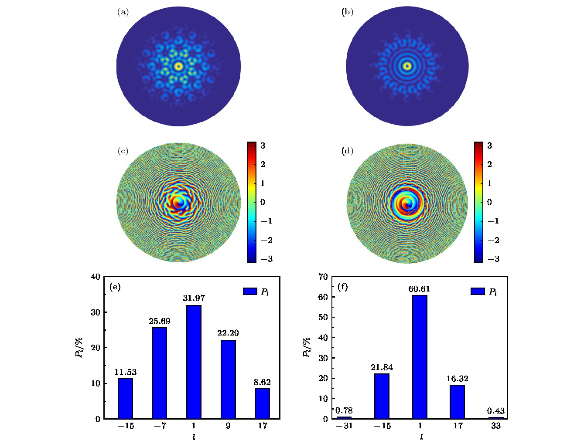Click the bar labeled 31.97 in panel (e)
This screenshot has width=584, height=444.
point(194,362)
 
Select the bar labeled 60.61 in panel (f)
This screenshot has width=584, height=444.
point(420,357)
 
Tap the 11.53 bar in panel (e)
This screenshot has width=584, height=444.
point(125,398)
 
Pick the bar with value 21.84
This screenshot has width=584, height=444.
point(382,396)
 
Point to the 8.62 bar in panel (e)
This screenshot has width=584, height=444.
point(262,403)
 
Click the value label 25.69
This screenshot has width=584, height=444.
point(160,321)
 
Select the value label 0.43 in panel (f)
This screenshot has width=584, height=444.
point(496,411)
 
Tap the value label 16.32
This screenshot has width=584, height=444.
point(457,379)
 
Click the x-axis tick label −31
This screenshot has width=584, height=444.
point(344,426)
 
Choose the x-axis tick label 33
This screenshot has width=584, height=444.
point(496,426)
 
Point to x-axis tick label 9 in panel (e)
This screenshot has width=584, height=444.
point(228,426)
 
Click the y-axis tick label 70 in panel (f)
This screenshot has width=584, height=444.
point(323,277)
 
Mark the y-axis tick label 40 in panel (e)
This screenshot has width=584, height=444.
point(96,277)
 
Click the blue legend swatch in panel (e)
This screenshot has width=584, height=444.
point(250,291)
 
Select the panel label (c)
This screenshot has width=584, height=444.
point(123,151)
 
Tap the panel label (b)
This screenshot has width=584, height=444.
point(347,12)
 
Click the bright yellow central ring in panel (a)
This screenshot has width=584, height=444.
point(178,66)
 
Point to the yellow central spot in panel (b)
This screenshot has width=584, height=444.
point(407,66)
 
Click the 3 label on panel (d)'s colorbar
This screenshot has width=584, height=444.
point(489,146)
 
